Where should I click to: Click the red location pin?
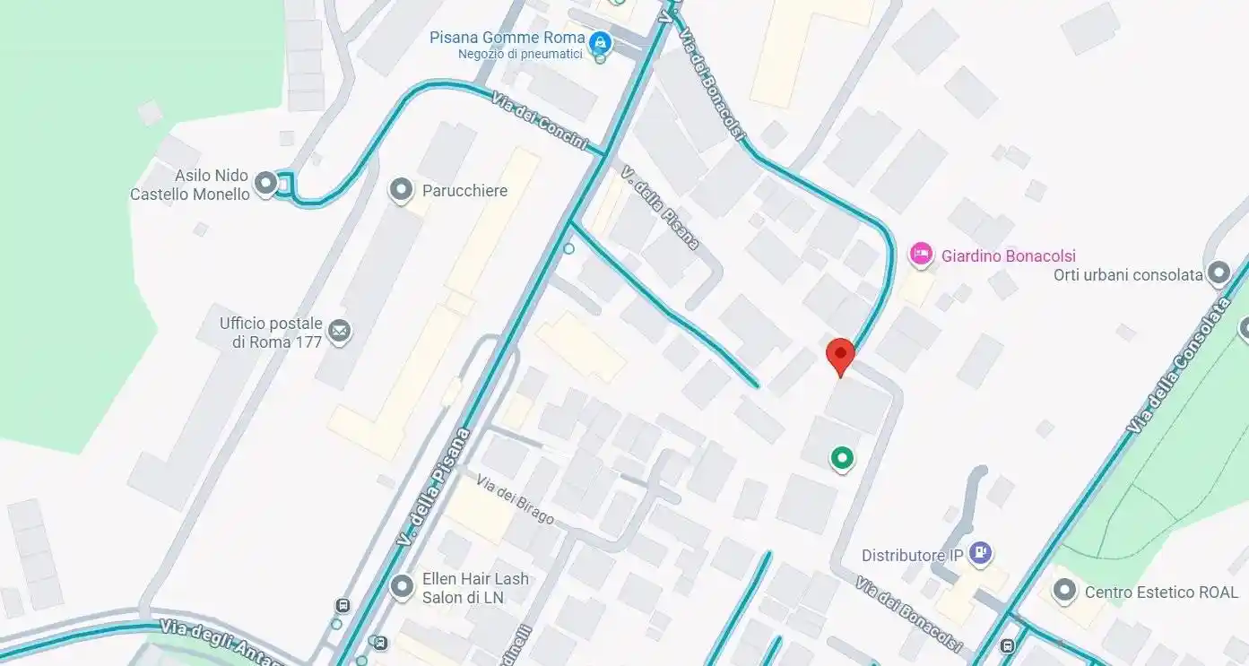click(x=840, y=356)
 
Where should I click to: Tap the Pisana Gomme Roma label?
click(x=507, y=39)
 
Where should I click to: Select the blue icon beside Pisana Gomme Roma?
click(x=600, y=42)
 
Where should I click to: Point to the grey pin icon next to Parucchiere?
click(x=401, y=190)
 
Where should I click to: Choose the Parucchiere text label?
click(x=464, y=191)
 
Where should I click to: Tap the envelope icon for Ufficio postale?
click(x=339, y=332)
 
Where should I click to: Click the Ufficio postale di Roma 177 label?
click(x=271, y=333)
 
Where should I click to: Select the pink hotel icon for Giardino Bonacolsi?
click(x=921, y=255)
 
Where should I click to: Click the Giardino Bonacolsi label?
click(x=1008, y=256)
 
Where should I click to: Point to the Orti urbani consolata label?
click(x=1127, y=275)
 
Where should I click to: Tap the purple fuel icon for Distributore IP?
click(x=981, y=554)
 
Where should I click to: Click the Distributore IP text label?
click(x=912, y=556)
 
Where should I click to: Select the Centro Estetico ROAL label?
click(x=1160, y=592)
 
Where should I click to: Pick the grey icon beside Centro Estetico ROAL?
click(x=1064, y=592)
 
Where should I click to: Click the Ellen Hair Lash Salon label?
click(x=475, y=588)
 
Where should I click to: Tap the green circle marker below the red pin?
click(x=841, y=459)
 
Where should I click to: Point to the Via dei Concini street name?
click(x=540, y=121)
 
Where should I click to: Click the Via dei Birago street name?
click(x=515, y=500)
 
